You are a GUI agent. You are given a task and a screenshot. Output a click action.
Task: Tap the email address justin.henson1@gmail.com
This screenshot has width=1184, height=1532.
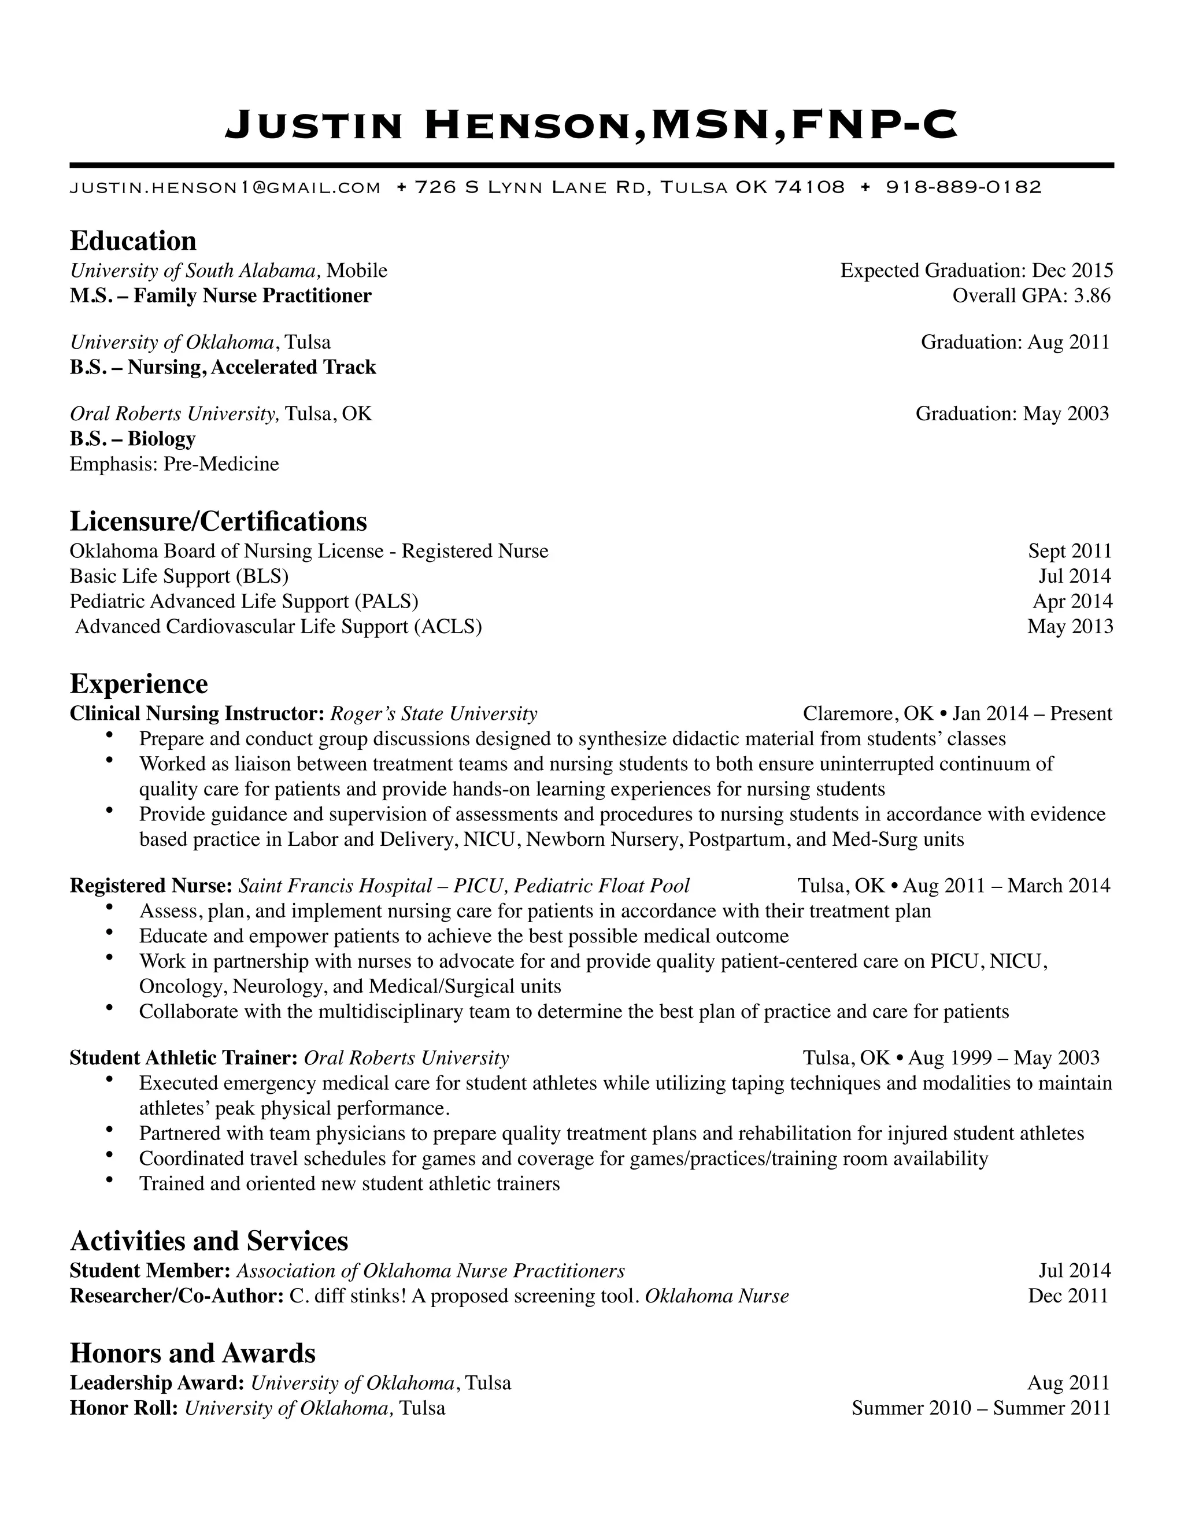pos(225,187)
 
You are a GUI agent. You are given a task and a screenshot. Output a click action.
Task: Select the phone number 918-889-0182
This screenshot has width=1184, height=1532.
pos(964,187)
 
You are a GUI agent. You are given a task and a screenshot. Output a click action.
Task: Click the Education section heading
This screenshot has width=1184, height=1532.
pos(134,240)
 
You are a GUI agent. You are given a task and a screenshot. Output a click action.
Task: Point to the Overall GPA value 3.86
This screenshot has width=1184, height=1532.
pos(1092,295)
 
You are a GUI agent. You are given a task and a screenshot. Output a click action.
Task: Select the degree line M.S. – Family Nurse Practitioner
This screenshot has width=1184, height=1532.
pos(220,295)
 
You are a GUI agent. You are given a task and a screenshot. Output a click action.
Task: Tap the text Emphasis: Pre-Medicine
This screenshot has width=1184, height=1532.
pos(174,464)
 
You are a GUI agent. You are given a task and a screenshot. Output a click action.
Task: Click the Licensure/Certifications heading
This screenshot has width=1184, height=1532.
pos(218,521)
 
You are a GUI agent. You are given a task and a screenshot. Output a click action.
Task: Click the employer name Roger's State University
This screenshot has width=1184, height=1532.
pos(434,713)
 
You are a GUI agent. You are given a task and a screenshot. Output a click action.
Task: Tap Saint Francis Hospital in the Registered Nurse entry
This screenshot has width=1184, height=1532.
pos(335,885)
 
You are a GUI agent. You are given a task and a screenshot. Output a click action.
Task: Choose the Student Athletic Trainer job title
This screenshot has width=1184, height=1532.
pos(184,1057)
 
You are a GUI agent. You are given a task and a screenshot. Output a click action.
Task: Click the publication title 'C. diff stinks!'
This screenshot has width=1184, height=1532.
pos(347,1295)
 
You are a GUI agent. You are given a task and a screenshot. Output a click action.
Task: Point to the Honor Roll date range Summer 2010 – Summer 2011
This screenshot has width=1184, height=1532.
pos(980,1407)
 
